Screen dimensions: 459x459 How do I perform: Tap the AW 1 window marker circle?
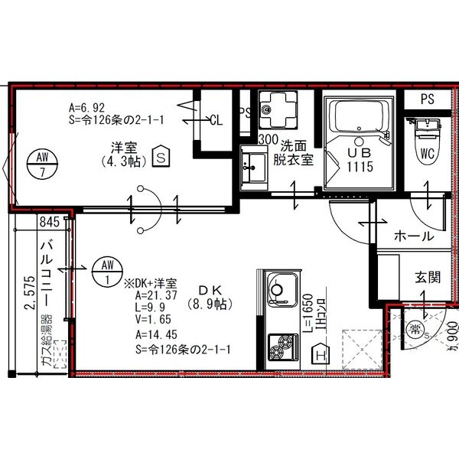[106, 272]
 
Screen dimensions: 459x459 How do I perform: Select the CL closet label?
[216, 119]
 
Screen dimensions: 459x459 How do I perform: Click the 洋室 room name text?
[123, 147]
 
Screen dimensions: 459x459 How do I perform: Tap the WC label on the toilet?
[427, 154]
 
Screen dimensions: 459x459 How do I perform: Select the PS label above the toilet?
[427, 99]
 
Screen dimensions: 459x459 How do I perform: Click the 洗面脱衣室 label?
[295, 152]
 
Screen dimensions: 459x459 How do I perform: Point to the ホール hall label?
[412, 236]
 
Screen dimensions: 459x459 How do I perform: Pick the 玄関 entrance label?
[428, 277]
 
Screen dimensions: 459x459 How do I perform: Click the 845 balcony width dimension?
[50, 223]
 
